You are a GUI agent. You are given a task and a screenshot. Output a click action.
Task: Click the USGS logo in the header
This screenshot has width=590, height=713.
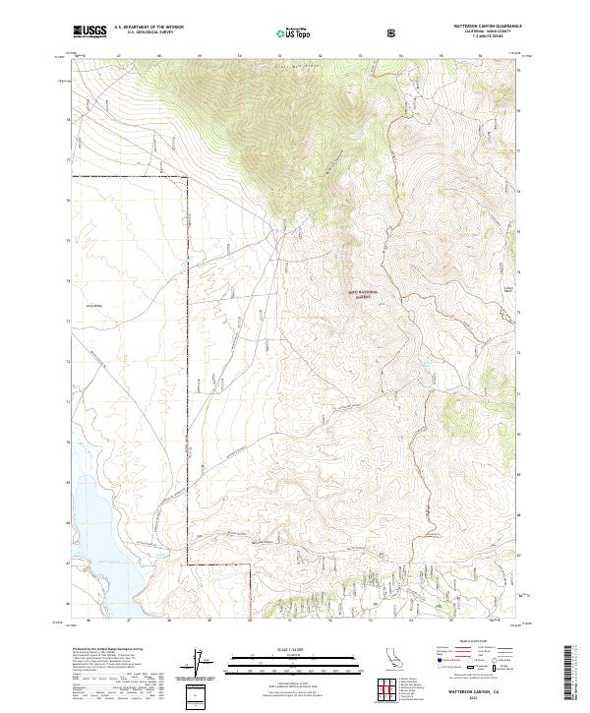tap(88, 33)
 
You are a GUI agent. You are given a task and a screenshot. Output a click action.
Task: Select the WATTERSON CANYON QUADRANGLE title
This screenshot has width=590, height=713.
tap(473, 27)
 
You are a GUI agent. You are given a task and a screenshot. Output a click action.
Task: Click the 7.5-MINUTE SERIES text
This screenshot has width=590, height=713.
tap(473, 38)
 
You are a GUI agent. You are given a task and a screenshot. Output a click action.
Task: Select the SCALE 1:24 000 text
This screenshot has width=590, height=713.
tap(294, 648)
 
